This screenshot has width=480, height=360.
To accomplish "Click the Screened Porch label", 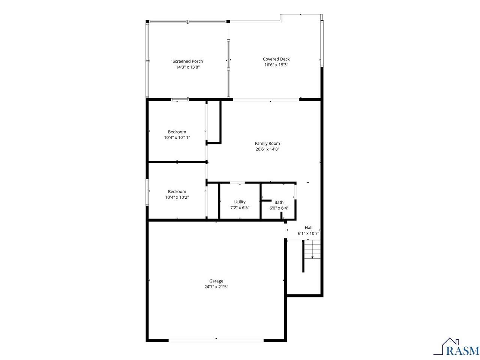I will coord(187,61).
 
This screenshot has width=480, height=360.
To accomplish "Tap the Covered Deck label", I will coord(276,59).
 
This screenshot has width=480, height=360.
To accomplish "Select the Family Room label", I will coord(267,143).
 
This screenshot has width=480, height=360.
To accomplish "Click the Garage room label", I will coord(216,281).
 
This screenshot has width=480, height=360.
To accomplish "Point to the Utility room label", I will coord(240,202).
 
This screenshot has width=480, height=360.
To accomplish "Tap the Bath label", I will coord(279,202).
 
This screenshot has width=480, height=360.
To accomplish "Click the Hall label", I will coord(308,228).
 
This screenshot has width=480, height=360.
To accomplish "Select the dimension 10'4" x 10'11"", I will coord(177,138).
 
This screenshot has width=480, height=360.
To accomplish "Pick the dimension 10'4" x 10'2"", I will coord(177,197).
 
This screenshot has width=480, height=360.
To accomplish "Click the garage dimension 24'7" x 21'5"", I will coord(216,287).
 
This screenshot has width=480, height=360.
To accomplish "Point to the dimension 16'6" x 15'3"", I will coord(276,65).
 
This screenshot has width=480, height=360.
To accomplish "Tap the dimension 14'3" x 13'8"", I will coord(187,67).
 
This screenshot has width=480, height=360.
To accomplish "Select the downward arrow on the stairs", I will coord(312,257).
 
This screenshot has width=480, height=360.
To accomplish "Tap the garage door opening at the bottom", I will coord(216,340).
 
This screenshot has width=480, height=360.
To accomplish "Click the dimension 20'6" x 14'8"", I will coord(267,149).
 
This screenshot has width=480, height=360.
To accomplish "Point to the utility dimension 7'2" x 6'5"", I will coord(240,208).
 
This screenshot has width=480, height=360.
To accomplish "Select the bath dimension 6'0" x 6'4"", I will coord(279,208).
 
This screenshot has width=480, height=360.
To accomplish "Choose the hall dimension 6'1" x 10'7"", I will coord(308,234).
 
